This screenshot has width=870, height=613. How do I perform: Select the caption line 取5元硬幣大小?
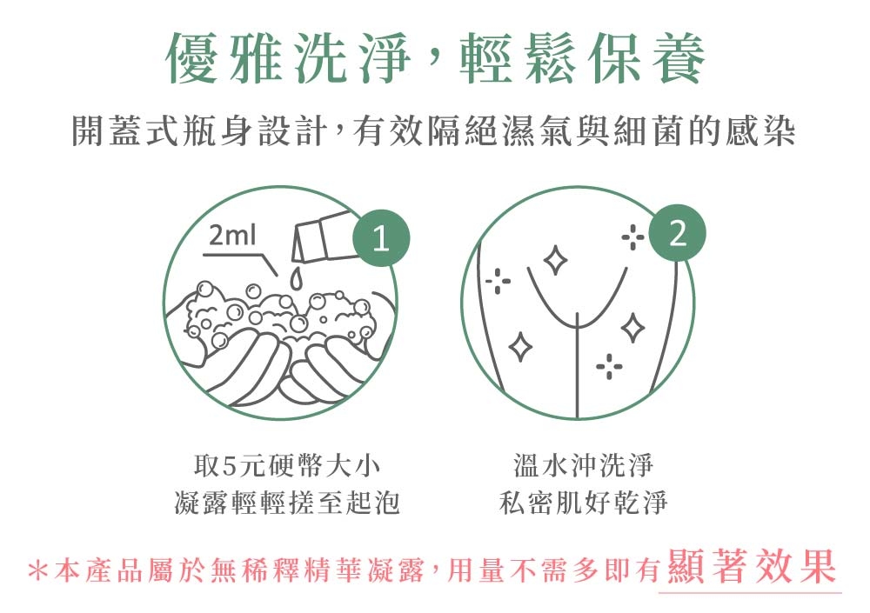pyautogui.click(x=286, y=465)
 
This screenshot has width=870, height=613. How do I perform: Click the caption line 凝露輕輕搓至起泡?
pyautogui.click(x=286, y=503)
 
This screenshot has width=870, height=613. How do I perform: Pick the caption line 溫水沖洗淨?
pyautogui.click(x=583, y=465)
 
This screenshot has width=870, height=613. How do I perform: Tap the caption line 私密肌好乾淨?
pyautogui.click(x=583, y=503)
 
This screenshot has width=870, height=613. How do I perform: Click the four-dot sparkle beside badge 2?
pyautogui.click(x=632, y=237)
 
